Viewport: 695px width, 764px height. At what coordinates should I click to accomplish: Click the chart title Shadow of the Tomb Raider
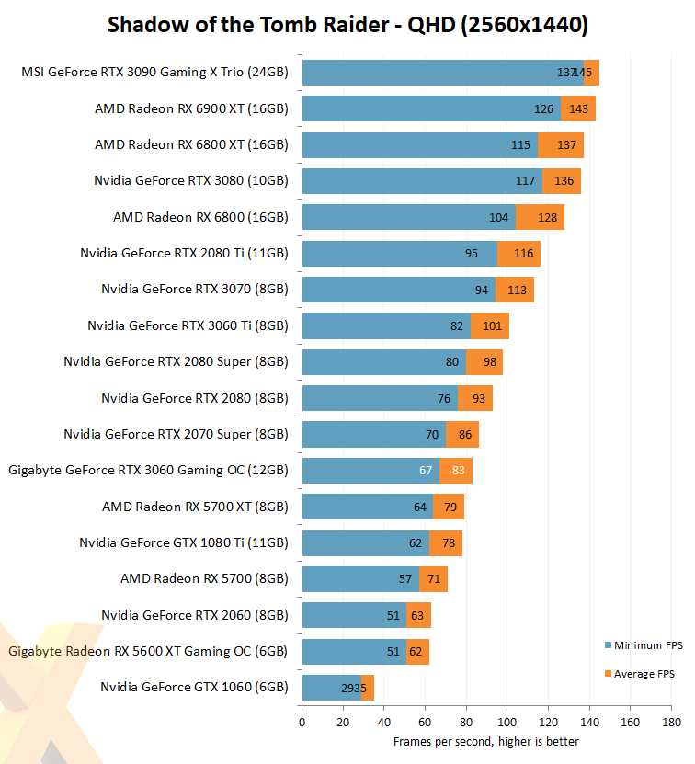[x=248, y=25]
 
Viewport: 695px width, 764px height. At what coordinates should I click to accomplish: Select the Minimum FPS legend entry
[x=644, y=645]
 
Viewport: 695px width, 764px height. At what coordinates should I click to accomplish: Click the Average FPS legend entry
[x=640, y=674]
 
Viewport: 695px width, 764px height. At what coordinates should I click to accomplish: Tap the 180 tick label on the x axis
[x=671, y=722]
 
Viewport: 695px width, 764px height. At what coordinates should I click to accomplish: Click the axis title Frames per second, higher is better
[x=486, y=742]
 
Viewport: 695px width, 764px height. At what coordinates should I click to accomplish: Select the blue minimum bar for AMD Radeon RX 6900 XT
[x=431, y=108]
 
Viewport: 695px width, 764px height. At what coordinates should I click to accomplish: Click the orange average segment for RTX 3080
[x=562, y=181]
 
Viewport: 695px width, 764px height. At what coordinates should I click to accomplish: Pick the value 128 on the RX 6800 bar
[x=547, y=217]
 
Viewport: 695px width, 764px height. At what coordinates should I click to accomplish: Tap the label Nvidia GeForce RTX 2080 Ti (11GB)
[x=184, y=254]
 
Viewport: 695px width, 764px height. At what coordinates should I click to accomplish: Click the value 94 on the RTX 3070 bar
[x=482, y=290]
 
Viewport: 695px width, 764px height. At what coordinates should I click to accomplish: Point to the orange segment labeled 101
[x=490, y=326]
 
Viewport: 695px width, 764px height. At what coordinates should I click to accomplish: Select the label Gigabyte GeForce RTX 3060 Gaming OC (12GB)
[x=149, y=470]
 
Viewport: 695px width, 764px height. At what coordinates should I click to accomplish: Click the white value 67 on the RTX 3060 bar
[x=426, y=470]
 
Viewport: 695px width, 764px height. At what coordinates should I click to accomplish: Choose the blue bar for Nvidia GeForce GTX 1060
[x=332, y=688]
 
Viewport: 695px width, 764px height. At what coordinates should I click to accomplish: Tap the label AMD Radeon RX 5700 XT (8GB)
[x=195, y=507]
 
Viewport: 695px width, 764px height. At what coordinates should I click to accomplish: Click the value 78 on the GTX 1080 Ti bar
[x=449, y=542]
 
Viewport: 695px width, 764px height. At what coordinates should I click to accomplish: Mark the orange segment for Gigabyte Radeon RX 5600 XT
[x=417, y=652]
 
